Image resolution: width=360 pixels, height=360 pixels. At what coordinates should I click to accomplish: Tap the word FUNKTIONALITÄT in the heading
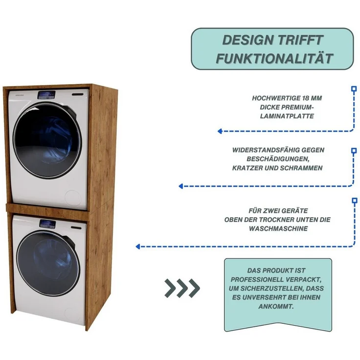(274, 58)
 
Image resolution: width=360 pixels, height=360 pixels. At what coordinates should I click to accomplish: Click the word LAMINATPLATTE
(287, 116)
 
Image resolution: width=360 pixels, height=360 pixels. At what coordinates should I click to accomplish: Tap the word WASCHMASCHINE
(278, 228)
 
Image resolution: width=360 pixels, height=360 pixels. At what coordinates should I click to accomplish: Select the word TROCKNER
(264, 220)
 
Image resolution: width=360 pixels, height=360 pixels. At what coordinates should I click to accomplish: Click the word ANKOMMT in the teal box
(276, 306)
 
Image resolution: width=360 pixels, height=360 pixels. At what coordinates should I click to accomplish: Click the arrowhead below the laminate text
(220, 131)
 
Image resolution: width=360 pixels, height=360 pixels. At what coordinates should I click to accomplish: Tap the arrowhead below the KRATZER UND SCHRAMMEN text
(181, 186)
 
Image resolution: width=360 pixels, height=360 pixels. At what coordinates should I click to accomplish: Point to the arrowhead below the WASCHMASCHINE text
(138, 247)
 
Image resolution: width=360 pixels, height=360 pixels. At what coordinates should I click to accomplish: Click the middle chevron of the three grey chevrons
(182, 288)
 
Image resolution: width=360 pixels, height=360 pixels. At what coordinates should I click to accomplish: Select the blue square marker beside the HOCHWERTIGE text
(354, 89)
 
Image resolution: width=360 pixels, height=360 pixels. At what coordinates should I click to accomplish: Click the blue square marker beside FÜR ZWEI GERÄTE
(354, 201)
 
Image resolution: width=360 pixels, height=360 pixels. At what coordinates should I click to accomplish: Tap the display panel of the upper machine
(46, 95)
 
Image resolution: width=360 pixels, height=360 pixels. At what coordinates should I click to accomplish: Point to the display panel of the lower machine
(47, 224)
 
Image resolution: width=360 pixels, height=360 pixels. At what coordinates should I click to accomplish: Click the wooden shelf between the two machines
(47, 209)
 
